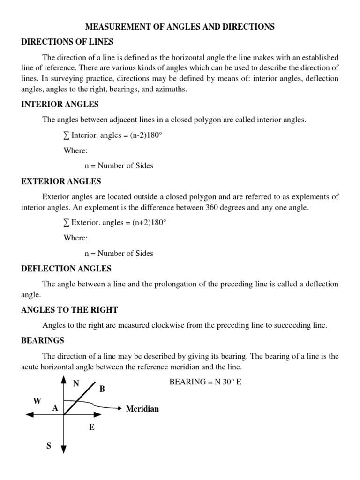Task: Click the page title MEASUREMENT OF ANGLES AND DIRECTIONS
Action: [x=180, y=27]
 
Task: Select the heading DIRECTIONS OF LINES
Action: [x=67, y=42]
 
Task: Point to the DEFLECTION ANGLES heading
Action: [x=67, y=269]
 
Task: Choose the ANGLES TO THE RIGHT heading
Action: [x=69, y=309]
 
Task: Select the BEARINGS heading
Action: [x=43, y=340]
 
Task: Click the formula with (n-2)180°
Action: [x=115, y=135]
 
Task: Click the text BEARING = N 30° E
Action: [x=205, y=382]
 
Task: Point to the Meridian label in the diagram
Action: [x=142, y=409]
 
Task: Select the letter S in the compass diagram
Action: [x=49, y=446]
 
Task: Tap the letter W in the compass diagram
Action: [x=37, y=400]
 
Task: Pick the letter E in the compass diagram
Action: [x=92, y=427]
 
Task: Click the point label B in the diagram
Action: [x=102, y=389]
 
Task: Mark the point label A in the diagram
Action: [x=55, y=408]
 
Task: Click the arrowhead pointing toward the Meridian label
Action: [x=120, y=408]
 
